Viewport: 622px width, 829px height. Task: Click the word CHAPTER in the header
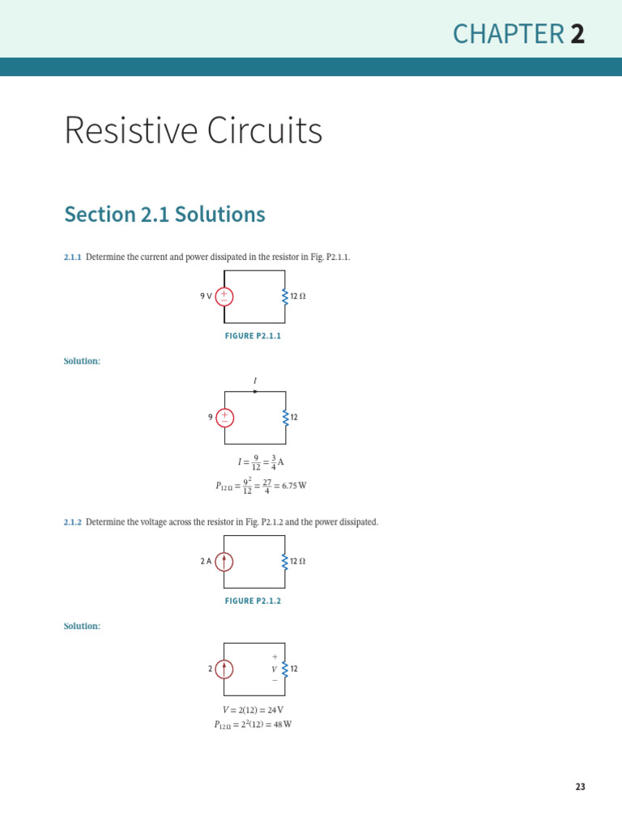[x=508, y=34]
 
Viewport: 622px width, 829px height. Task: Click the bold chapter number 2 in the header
[x=577, y=34]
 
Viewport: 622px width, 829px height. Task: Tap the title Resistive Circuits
[x=193, y=130]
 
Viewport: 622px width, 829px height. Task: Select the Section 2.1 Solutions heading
[x=164, y=215]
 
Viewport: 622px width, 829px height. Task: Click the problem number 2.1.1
[x=73, y=257]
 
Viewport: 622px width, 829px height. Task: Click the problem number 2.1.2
[x=73, y=523]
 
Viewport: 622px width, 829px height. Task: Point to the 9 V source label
[x=206, y=296]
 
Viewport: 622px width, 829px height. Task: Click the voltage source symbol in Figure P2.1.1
[x=224, y=296]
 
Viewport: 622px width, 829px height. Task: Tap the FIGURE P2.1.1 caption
[x=253, y=336]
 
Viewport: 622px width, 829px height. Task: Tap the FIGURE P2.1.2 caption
[x=253, y=602]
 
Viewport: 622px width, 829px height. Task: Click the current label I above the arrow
[x=255, y=380]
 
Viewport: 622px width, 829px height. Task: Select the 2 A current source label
[x=206, y=561]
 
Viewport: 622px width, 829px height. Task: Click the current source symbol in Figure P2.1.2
[x=224, y=562]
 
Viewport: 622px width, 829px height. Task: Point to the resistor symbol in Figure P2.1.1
[x=285, y=296]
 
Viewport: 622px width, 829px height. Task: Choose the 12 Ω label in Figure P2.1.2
[x=297, y=561]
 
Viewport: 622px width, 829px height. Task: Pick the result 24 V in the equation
[x=275, y=710]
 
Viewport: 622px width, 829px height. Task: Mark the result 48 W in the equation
[x=283, y=725]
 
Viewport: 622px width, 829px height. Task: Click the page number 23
[x=580, y=787]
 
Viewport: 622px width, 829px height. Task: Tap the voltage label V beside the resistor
[x=275, y=670]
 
